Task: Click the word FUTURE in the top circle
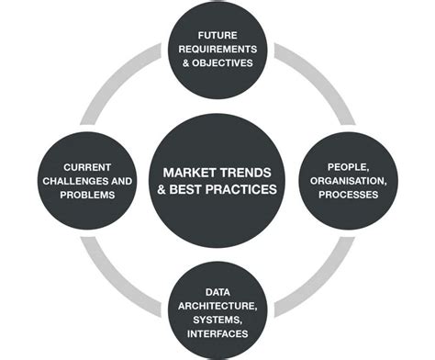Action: click(x=218, y=34)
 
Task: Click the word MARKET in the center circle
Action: click(x=189, y=172)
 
